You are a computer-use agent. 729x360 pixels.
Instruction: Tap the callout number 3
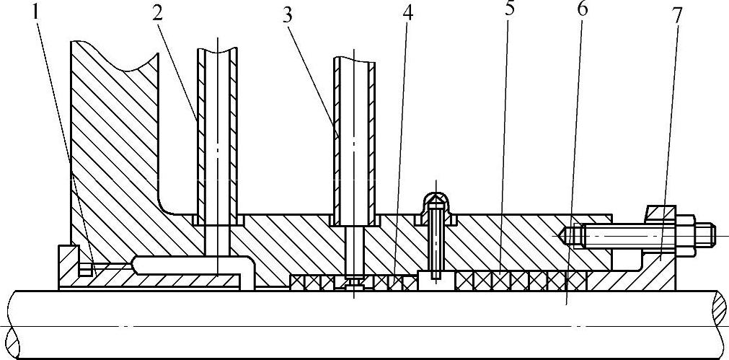click(287, 15)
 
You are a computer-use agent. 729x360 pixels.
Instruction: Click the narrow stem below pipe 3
click(354, 248)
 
